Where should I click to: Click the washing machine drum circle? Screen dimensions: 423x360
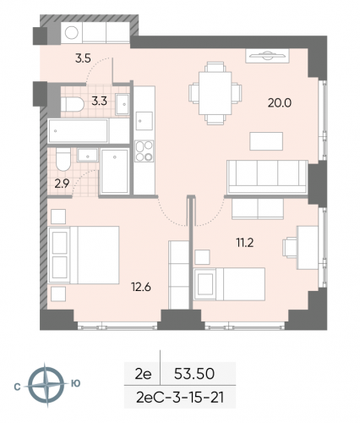72,33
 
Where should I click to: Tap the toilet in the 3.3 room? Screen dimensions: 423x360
73,102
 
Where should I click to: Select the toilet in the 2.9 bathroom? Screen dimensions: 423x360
62,161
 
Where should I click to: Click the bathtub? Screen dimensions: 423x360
79,131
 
